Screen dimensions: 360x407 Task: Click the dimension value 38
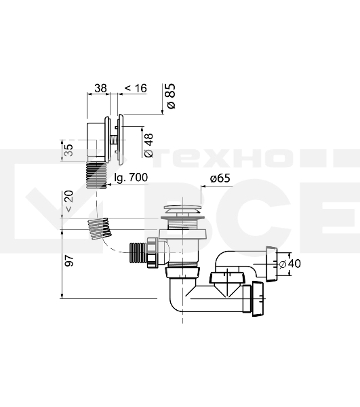click(100, 88)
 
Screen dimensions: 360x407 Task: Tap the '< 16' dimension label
click(136, 88)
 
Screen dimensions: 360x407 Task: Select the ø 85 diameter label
click(171, 96)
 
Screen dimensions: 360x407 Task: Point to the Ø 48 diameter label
click(148, 145)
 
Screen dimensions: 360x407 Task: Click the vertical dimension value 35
click(68, 150)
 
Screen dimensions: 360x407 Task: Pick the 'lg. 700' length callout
click(131, 178)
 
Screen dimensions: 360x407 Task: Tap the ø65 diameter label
click(220, 178)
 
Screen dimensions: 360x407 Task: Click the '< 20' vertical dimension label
click(69, 201)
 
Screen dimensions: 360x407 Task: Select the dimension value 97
click(69, 260)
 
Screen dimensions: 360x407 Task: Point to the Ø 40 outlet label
click(290, 264)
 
